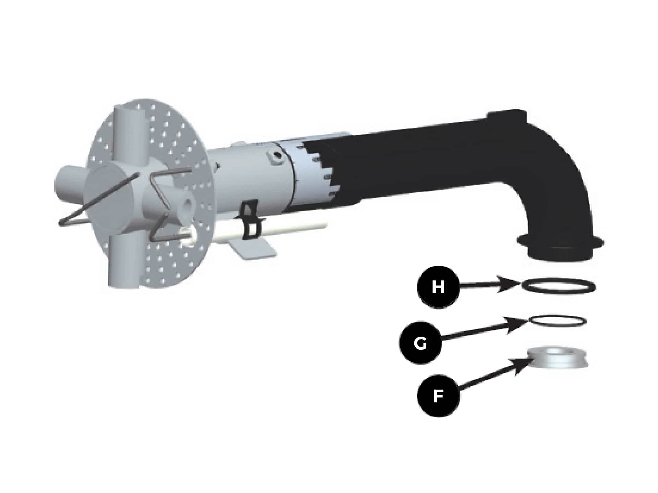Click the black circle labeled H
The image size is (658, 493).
click(x=438, y=287)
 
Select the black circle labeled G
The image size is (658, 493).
click(x=421, y=343)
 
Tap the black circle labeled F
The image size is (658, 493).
click(x=438, y=396)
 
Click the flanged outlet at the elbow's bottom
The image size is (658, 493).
click(x=560, y=248)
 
